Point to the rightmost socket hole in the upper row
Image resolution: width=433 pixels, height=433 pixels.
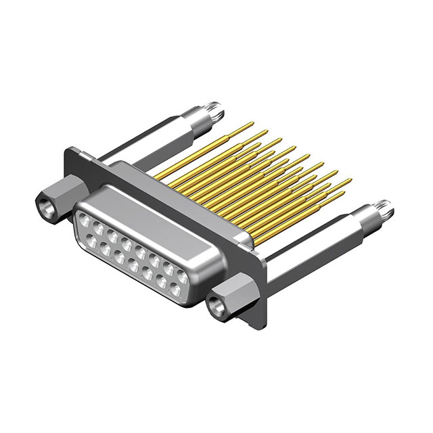click(183, 277)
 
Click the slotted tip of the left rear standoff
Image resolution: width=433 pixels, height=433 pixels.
click(215, 106)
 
